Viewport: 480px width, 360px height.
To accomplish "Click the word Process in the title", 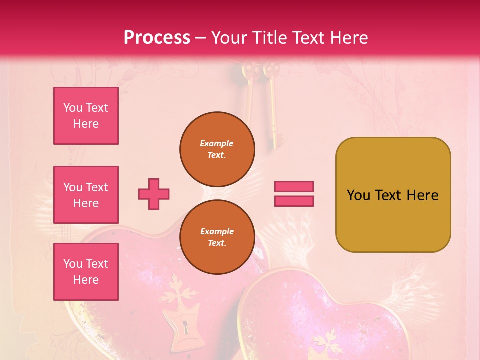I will point(157,38).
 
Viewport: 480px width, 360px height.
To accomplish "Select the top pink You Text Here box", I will point(86,116).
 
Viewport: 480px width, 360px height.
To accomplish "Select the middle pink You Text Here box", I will point(86,195).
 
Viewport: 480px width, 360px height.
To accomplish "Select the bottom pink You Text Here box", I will point(86,271).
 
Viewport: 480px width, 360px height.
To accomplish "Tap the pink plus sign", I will point(154,194).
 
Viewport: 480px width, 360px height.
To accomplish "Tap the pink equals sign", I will point(294,194).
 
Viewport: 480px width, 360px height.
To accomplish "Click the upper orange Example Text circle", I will point(217,149).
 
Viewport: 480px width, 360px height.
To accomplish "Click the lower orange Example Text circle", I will point(217,237).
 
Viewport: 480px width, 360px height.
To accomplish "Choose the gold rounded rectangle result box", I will point(393,195).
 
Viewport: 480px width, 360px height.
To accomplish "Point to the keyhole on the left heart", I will point(186,328).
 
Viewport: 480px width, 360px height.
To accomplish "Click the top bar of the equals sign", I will point(294,187).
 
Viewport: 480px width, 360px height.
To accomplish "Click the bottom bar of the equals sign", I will point(294,201).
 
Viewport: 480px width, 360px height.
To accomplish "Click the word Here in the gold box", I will point(422,195).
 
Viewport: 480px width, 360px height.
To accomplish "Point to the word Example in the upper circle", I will point(217,143).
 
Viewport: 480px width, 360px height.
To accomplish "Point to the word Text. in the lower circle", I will point(217,243).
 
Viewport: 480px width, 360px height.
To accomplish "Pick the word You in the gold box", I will point(358,195).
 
